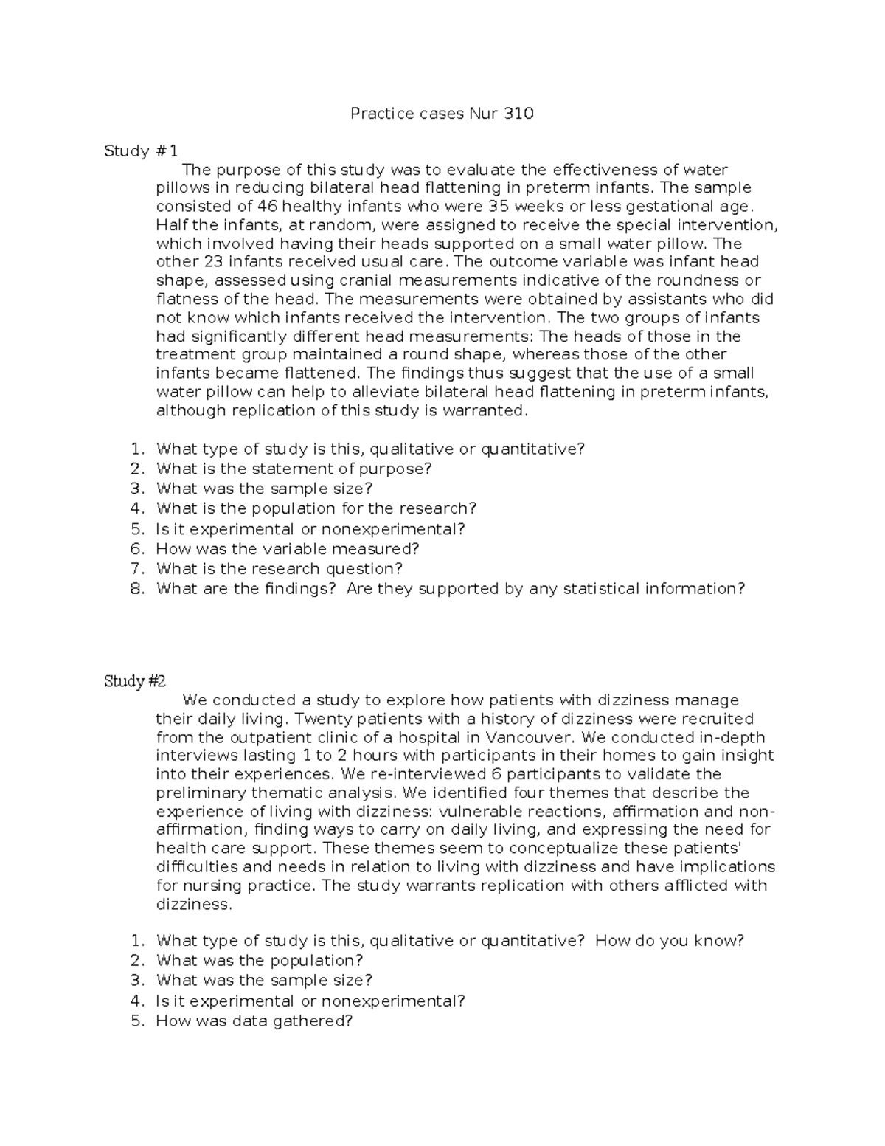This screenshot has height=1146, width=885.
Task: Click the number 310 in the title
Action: click(519, 114)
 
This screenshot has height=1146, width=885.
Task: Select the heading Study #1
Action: click(141, 151)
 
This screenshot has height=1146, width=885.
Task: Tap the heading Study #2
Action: click(135, 681)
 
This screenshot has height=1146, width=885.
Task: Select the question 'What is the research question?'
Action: click(280, 569)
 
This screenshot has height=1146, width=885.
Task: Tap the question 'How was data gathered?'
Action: click(254, 1021)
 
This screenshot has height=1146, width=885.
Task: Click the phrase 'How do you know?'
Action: click(669, 941)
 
